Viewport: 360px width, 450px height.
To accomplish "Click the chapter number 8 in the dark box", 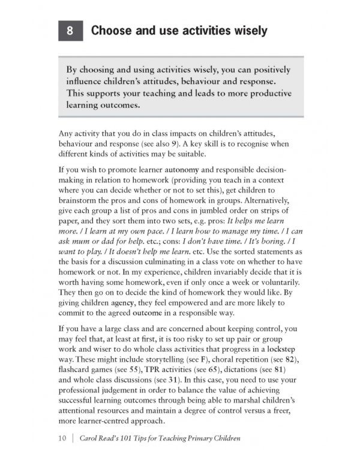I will tap(70, 31).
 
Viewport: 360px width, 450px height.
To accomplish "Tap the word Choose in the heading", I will tap(112, 31).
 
